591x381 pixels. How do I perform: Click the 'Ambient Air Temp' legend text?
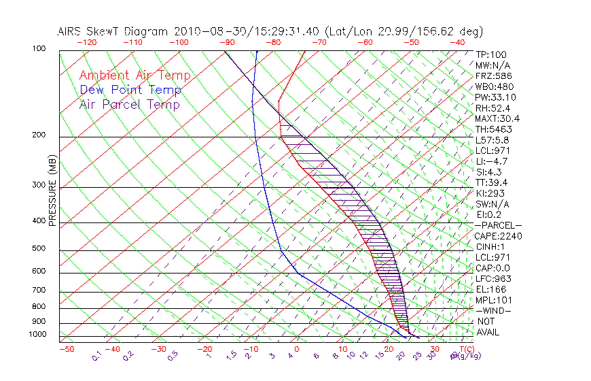tap(135, 76)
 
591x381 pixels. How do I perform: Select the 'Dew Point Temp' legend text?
tap(130, 90)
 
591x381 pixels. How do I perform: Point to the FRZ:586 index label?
tap(493, 76)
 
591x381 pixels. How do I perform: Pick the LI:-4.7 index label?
tap(491, 161)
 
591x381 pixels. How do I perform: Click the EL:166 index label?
tap(490, 289)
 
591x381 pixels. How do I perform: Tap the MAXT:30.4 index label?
tap(498, 118)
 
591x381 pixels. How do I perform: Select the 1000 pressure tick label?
tap(38, 334)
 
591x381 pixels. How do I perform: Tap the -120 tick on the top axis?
tap(86, 42)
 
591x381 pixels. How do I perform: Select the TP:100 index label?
tap(491, 54)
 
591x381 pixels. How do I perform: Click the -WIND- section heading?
tap(493, 310)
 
